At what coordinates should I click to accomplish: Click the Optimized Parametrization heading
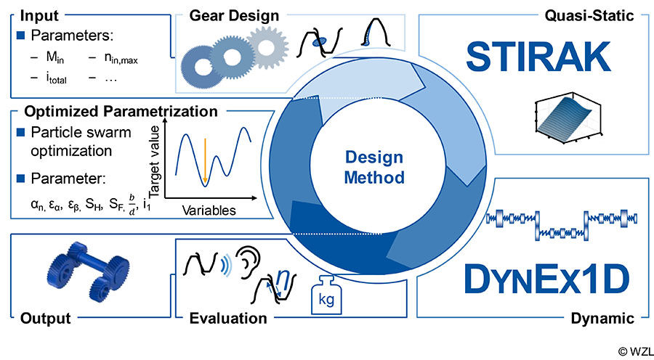pyautogui.click(x=121, y=112)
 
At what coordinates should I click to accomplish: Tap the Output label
pyautogui.click(x=47, y=318)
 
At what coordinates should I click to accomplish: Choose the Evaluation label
pyautogui.click(x=227, y=318)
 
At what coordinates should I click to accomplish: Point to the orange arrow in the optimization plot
pyautogui.click(x=205, y=155)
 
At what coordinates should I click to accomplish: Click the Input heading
pyautogui.click(x=35, y=15)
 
